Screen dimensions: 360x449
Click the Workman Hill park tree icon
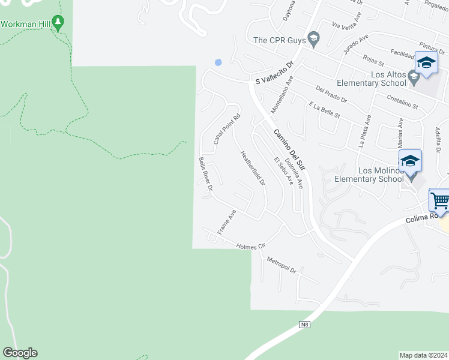[x=58, y=23]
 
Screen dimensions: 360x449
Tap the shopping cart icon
[x=440, y=200]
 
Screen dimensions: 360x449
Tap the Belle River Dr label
[x=206, y=175]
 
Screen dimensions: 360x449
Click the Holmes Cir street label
[x=250, y=246]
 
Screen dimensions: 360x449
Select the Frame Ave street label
[x=226, y=222]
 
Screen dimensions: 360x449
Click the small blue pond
[x=218, y=62]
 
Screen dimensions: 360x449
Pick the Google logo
[x=20, y=353]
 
